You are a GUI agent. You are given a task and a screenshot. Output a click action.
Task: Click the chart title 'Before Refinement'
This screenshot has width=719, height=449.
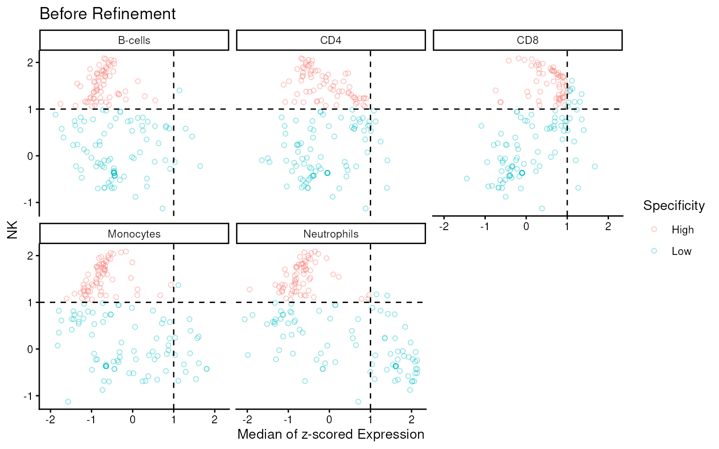[108, 14]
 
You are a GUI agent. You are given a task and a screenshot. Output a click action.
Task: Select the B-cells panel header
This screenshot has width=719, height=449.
[134, 40]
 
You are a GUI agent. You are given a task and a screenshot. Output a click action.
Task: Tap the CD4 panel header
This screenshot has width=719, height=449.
[331, 40]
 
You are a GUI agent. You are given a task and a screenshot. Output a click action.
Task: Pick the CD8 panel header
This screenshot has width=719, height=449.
[528, 40]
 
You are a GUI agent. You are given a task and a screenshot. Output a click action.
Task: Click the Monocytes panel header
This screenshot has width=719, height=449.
[134, 234]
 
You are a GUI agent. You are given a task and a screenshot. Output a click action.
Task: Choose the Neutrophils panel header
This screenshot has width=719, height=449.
[331, 234]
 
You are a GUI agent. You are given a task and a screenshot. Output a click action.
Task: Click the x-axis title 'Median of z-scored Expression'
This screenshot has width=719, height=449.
[331, 435]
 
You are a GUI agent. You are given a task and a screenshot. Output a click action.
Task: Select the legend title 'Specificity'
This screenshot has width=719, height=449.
[674, 206]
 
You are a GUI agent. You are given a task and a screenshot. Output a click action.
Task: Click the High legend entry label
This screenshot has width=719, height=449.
[682, 230]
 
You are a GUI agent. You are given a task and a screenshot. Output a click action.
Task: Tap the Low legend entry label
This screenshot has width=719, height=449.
[681, 251]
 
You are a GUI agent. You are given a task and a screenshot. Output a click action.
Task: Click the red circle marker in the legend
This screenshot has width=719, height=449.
[654, 230]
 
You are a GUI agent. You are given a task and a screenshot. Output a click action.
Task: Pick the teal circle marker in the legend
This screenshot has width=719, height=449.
[654, 251]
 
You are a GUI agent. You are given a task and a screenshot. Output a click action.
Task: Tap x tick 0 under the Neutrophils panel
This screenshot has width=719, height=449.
[329, 420]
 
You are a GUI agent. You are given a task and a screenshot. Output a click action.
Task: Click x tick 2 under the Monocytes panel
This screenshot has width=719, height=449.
[214, 420]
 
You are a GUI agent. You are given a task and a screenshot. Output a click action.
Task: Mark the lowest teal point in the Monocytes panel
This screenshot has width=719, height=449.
[68, 402]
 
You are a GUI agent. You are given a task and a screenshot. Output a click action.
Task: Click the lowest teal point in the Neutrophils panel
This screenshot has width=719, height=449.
[358, 402]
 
